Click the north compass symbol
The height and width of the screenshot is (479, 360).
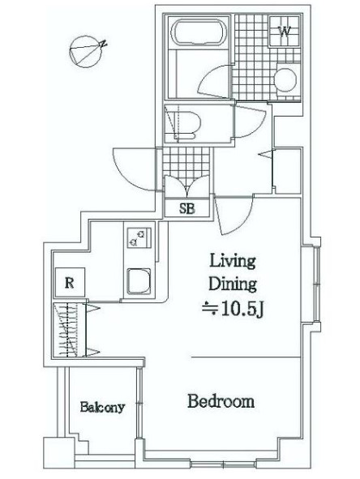click(84, 51)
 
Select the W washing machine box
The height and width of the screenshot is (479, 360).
click(285, 33)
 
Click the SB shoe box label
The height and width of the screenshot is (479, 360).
click(186, 207)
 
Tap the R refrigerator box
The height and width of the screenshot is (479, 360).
click(71, 283)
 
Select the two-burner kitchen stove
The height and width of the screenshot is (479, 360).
click(137, 238)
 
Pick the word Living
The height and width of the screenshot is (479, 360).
click(233, 261)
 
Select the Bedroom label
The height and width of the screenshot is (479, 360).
click(221, 401)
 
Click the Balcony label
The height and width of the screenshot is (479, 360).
click(102, 408)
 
